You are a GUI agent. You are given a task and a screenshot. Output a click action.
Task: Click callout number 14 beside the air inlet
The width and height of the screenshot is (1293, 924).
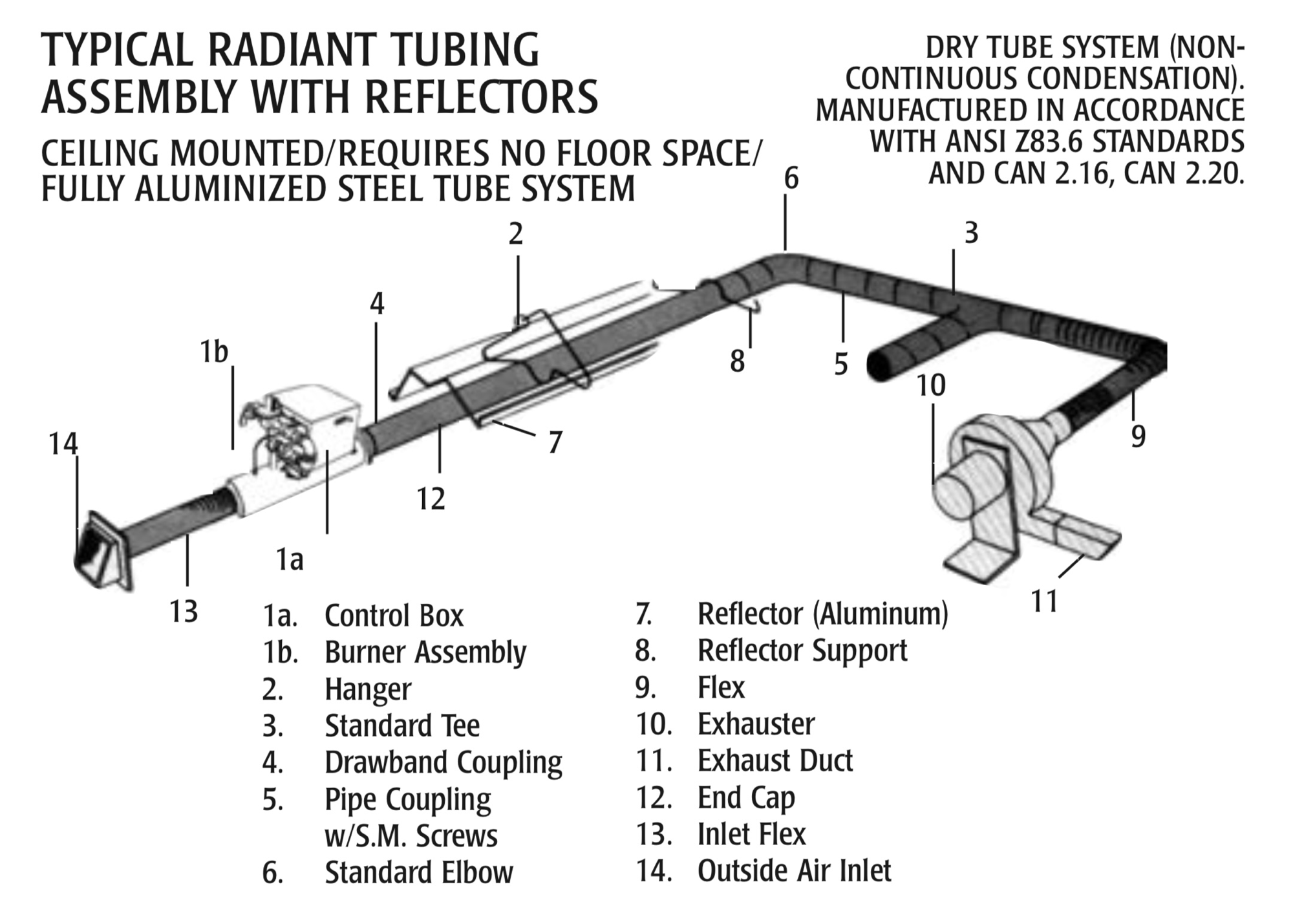coord(63,444)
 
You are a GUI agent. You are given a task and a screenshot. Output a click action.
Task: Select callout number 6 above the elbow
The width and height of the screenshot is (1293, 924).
coord(791,179)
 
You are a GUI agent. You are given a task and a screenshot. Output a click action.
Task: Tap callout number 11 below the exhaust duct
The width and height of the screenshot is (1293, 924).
coord(1043,601)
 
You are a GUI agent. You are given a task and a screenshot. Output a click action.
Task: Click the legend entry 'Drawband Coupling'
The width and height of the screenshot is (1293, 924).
coord(443,762)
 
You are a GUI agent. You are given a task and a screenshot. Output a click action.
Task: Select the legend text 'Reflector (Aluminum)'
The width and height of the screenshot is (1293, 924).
coord(822,614)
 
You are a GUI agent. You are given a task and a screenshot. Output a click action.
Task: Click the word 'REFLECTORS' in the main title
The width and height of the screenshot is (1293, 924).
coord(481,97)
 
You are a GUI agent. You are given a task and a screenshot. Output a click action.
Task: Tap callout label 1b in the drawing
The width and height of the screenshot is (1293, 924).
coord(214,352)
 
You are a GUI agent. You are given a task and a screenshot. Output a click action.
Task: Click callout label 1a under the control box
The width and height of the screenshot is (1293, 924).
coord(289,560)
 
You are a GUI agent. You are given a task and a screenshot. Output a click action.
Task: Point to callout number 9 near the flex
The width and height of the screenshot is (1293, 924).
coord(1138,436)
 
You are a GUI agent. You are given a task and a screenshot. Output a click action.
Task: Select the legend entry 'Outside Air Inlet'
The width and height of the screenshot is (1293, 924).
coord(794,871)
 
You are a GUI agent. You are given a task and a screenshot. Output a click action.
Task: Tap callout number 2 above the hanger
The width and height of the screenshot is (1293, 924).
coord(515,234)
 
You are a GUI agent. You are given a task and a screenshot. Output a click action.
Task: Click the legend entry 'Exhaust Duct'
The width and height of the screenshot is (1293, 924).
coord(775,761)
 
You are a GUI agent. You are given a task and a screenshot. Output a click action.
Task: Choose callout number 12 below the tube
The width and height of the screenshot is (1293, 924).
coord(431,499)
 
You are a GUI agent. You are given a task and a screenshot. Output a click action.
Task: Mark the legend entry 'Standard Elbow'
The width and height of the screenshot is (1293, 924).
coord(418,872)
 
